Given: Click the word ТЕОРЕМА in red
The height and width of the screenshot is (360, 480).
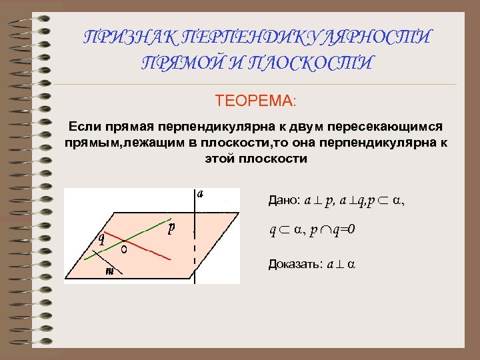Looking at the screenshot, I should pos(257,101).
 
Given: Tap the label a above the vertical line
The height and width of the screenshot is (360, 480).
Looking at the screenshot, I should pos(199,194).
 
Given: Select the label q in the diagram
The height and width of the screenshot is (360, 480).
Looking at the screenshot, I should pos(101,238).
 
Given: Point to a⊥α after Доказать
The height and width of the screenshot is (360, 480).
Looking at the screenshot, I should pos(340,264).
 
